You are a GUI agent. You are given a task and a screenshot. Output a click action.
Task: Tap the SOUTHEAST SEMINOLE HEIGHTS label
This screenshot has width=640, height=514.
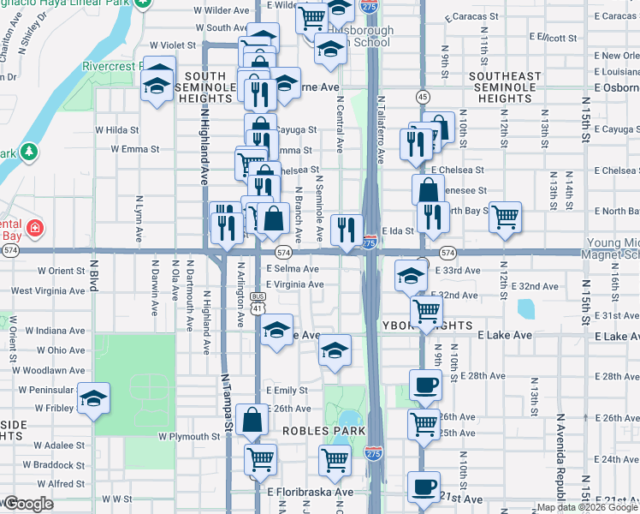(505, 87)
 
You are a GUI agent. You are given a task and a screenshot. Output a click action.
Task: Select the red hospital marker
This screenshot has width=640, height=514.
(34, 229)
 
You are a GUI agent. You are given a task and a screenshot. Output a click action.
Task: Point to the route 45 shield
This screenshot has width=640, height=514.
(423, 96)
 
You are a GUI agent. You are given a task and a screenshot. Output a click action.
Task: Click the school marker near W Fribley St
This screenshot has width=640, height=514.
(93, 398)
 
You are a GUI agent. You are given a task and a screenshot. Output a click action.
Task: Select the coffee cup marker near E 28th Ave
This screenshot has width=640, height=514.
(424, 385)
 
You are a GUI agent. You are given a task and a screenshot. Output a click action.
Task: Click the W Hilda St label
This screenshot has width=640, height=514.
(117, 129)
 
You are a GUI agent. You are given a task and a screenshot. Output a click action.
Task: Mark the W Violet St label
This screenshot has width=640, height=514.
(172, 45)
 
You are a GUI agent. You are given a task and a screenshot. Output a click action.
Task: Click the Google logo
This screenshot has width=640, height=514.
(29, 504)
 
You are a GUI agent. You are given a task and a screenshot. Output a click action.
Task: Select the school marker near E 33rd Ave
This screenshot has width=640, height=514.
(412, 276)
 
